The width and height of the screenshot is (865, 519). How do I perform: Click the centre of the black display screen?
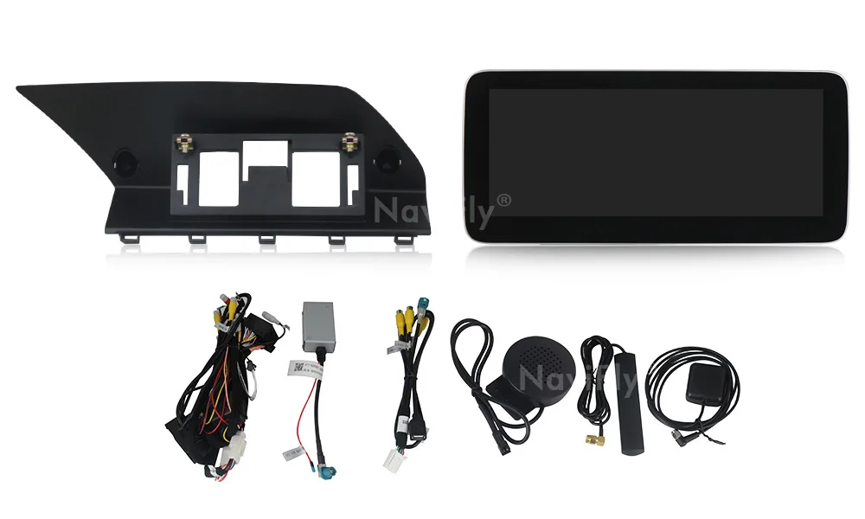point(656,153)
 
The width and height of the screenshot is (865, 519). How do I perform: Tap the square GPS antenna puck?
point(705,381)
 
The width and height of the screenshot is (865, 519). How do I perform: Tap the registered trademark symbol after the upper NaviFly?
point(504,201)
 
